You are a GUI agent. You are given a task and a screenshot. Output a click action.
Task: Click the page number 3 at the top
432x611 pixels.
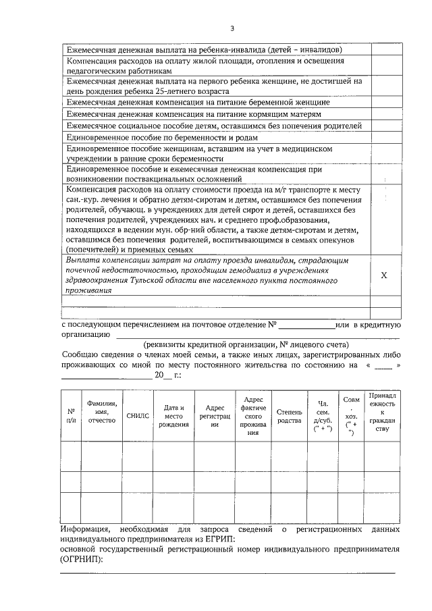click(232, 28)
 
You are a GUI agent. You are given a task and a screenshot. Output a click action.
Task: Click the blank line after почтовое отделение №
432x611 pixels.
click(306, 325)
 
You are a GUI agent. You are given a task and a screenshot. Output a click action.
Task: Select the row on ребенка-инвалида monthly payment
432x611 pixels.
click(204, 49)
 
